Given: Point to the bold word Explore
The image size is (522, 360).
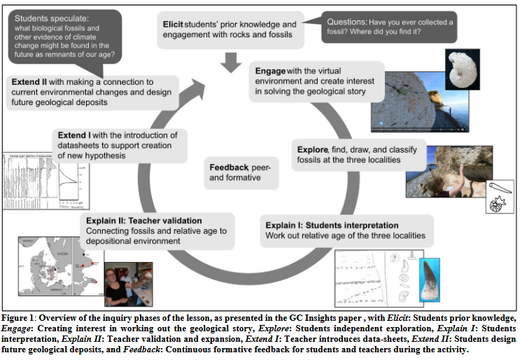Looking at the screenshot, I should click(x=312, y=149).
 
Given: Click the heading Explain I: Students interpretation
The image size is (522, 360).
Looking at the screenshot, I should click(x=332, y=225).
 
